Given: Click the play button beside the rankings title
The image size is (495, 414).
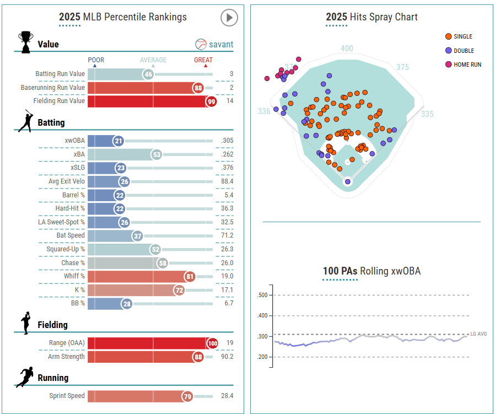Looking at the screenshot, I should tap(229, 18).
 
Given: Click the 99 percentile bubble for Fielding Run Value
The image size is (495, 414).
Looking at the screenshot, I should tap(211, 101).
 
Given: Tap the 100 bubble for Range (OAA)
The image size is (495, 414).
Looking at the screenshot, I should tap(212, 343).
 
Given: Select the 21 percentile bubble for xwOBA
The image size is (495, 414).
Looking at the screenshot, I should tap(119, 141).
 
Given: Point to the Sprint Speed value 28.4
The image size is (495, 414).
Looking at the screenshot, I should tap(227, 396).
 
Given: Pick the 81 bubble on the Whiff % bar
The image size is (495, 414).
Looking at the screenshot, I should tap(190, 277).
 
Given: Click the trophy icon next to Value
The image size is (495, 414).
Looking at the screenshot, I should tap(25, 42).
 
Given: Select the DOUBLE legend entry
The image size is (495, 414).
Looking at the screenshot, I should tap(464, 51).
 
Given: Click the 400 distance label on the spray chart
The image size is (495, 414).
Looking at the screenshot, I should tap(347, 49).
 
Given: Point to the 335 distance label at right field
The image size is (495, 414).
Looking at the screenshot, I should tap(427, 114).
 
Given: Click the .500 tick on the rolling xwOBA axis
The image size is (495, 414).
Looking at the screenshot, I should tap(262, 295).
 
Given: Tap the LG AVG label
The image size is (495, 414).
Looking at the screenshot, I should tap(478, 334).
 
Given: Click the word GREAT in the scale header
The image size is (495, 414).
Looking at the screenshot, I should tap(203, 60).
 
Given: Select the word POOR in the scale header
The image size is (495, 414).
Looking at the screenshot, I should tap(96, 60).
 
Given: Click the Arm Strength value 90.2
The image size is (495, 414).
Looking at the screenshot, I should tap(227, 357).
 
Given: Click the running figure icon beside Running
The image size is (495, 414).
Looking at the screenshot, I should tap(25, 378).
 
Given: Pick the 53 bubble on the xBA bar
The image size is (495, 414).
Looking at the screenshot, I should tap(157, 154).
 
